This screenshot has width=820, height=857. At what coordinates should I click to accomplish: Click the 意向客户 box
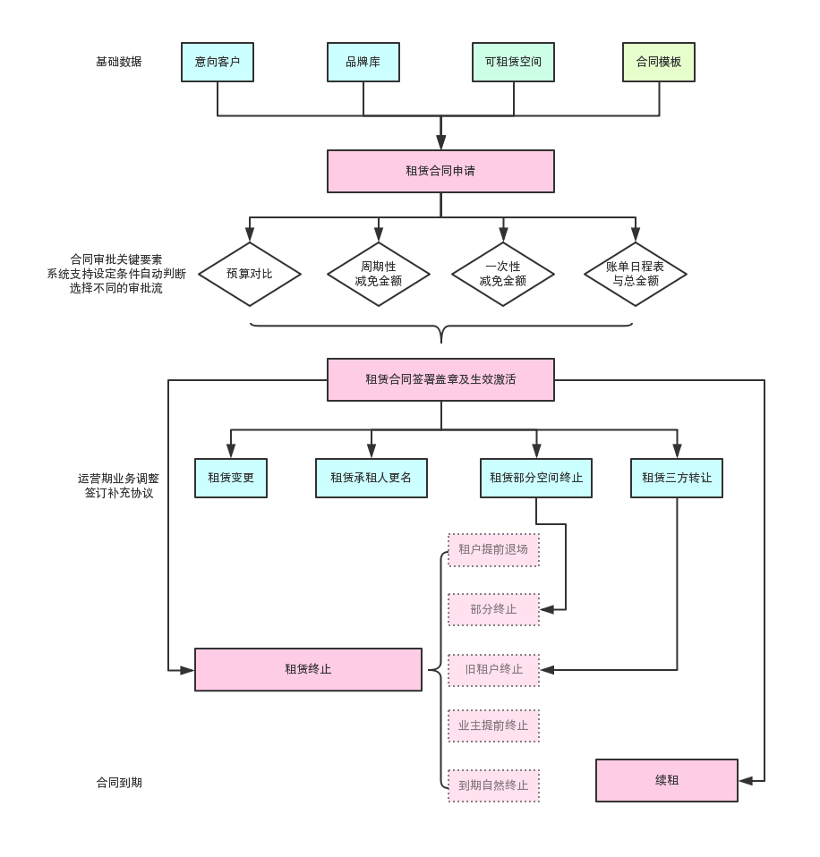(x=218, y=63)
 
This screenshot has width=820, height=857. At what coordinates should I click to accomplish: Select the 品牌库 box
(x=363, y=63)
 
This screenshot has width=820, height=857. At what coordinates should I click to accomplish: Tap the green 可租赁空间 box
(x=514, y=63)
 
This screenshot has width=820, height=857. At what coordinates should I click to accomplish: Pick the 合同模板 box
(x=659, y=63)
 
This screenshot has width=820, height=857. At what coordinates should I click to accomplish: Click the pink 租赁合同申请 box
(x=440, y=171)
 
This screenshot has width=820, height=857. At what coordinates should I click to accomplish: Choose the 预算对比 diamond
(x=250, y=274)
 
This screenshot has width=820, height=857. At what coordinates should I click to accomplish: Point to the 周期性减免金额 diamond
(x=379, y=274)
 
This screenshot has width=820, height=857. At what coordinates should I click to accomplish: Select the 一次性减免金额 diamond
(x=503, y=274)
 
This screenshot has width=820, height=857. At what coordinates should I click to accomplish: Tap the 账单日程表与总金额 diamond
(x=636, y=274)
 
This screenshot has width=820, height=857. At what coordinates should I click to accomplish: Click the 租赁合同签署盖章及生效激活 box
(x=440, y=379)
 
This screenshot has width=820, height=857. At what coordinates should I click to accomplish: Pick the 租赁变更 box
(x=231, y=478)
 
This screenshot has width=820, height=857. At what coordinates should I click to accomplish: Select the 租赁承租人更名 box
(x=372, y=478)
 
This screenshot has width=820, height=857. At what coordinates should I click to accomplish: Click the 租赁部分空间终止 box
(x=536, y=478)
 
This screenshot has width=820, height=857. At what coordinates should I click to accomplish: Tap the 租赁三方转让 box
(x=677, y=478)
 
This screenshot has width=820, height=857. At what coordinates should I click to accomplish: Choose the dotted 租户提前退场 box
(x=494, y=550)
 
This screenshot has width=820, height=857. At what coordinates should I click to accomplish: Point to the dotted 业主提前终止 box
(x=494, y=726)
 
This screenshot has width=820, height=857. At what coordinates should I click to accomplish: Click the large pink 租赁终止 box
(x=308, y=669)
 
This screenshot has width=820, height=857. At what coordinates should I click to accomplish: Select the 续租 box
(x=667, y=780)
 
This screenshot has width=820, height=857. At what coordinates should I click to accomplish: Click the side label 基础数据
(x=119, y=62)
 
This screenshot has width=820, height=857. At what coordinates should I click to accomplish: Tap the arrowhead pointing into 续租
(x=746, y=781)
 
